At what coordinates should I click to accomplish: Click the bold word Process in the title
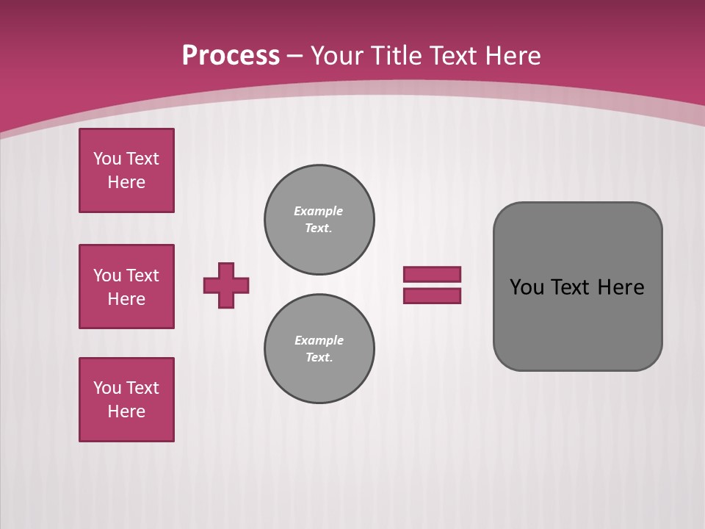coord(231,55)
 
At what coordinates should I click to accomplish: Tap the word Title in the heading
coord(397,55)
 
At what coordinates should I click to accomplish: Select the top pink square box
coord(126,170)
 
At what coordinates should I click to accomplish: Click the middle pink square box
coord(126,287)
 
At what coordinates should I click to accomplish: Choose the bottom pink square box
coord(126,400)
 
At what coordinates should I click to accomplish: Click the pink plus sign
coord(226,285)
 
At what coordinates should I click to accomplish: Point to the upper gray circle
coord(319,220)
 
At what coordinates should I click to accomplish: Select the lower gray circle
coord(319,349)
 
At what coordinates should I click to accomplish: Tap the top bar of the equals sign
coord(433,274)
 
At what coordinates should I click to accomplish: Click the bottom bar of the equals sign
coord(433,296)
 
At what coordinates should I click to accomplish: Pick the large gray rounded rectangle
coord(578,323)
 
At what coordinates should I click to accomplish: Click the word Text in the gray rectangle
coord(570,287)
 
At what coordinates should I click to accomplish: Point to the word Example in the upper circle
coord(319,211)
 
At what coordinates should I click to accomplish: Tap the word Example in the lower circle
coord(319,340)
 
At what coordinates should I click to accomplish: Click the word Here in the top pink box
coord(126,182)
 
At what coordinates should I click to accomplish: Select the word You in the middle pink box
coord(106,276)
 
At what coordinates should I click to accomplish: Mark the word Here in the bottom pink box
coord(126,411)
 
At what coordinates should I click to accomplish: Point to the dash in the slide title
coord(294,56)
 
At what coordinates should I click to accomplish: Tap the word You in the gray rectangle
coord(526,287)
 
